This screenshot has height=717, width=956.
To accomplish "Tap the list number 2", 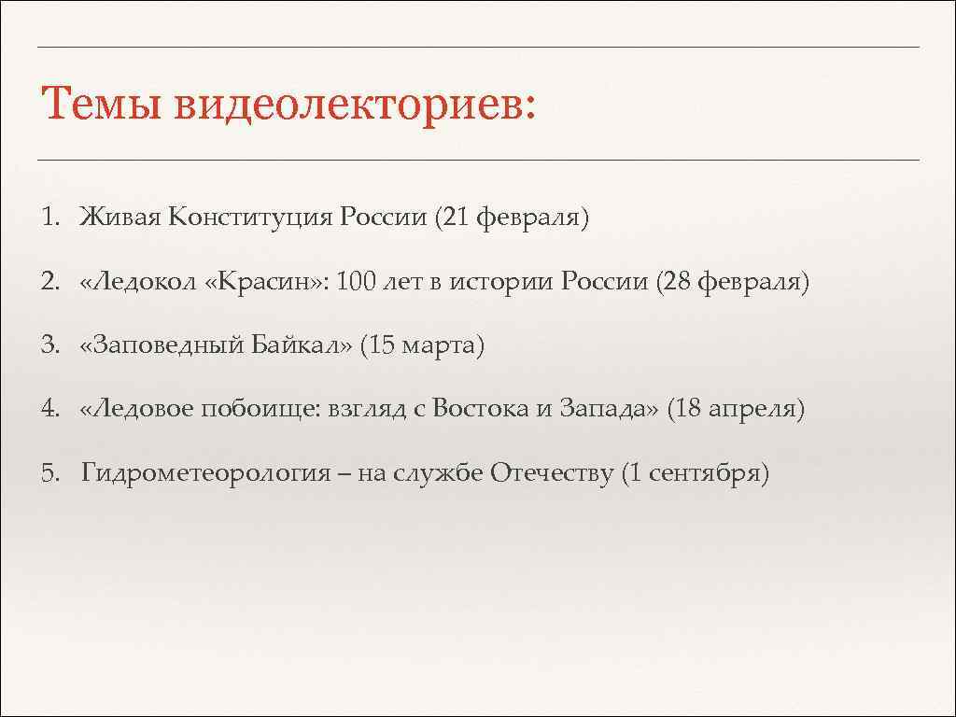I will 48,282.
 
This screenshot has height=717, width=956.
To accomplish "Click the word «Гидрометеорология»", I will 206,474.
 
